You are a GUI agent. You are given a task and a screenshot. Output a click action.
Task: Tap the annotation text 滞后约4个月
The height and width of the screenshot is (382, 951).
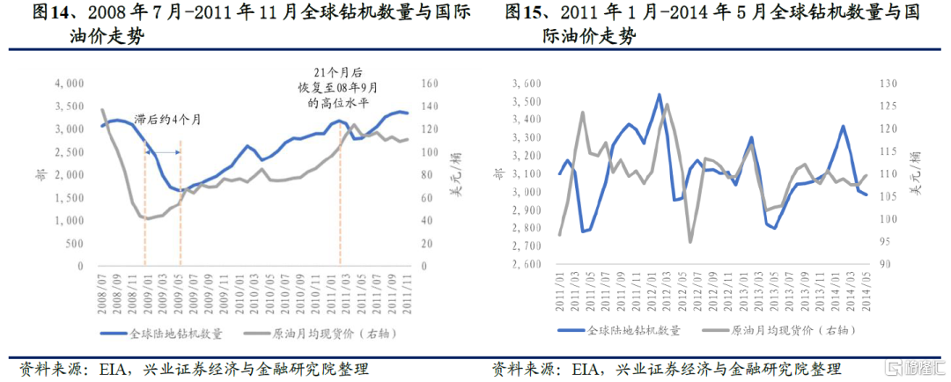coord(167,120)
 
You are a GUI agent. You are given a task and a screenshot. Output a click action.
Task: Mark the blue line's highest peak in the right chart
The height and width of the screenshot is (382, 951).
coord(659,94)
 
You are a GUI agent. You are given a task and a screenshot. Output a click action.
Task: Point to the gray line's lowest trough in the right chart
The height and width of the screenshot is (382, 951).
coord(690,241)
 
